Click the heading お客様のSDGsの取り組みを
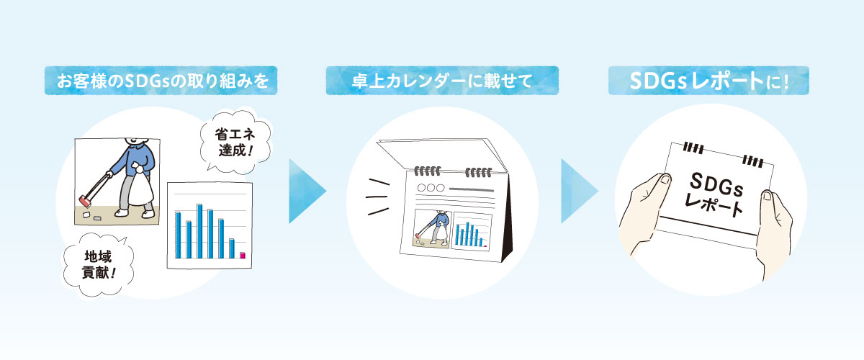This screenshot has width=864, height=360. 162,81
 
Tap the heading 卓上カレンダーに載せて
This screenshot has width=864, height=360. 442,81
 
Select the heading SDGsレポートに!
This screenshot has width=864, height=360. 709,81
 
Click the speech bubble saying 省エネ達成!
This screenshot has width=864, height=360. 235,142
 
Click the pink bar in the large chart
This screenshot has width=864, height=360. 242,255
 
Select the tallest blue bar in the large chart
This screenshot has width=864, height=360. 199,231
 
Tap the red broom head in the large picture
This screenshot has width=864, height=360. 84,201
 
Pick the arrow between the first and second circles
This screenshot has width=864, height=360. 305,191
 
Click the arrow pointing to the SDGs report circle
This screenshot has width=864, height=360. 577,191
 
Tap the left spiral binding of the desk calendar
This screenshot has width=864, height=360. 428,171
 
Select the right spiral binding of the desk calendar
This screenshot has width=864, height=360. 479,172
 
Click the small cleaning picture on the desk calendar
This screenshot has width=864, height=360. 433,228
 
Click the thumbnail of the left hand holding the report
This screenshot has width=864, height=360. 665,179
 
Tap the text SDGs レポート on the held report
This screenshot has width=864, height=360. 716,195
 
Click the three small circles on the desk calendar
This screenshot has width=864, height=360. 431,188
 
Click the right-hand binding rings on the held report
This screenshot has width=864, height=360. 753,161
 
